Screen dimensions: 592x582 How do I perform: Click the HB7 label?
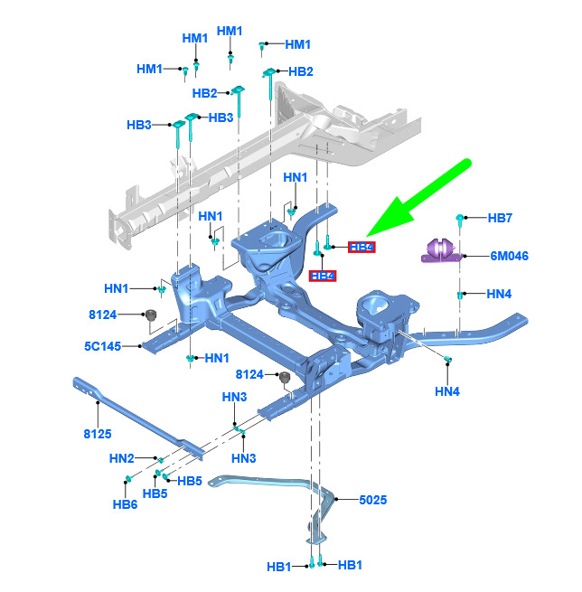pos(500,218)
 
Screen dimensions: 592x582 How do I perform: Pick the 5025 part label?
pos(372,499)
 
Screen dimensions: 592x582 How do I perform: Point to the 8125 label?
pos(97,434)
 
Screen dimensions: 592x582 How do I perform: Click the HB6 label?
pos(125,503)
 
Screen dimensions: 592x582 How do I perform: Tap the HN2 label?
pos(121,458)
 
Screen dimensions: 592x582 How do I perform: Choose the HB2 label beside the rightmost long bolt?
pos(300,71)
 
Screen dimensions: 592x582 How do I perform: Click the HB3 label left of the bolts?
pos(138,125)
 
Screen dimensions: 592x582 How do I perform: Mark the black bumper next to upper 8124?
pos(153,315)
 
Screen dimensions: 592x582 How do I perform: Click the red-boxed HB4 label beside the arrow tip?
pos(361,247)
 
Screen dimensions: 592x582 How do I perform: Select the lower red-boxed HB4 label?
pos(323,276)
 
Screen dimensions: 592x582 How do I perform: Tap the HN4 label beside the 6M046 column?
pos(499,294)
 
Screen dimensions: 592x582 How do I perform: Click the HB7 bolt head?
pos(461,218)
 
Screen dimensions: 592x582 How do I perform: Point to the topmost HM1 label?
pos(230,32)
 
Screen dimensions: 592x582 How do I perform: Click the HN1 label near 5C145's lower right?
pos(217,358)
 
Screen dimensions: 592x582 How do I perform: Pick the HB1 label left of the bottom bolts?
pos(279,567)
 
